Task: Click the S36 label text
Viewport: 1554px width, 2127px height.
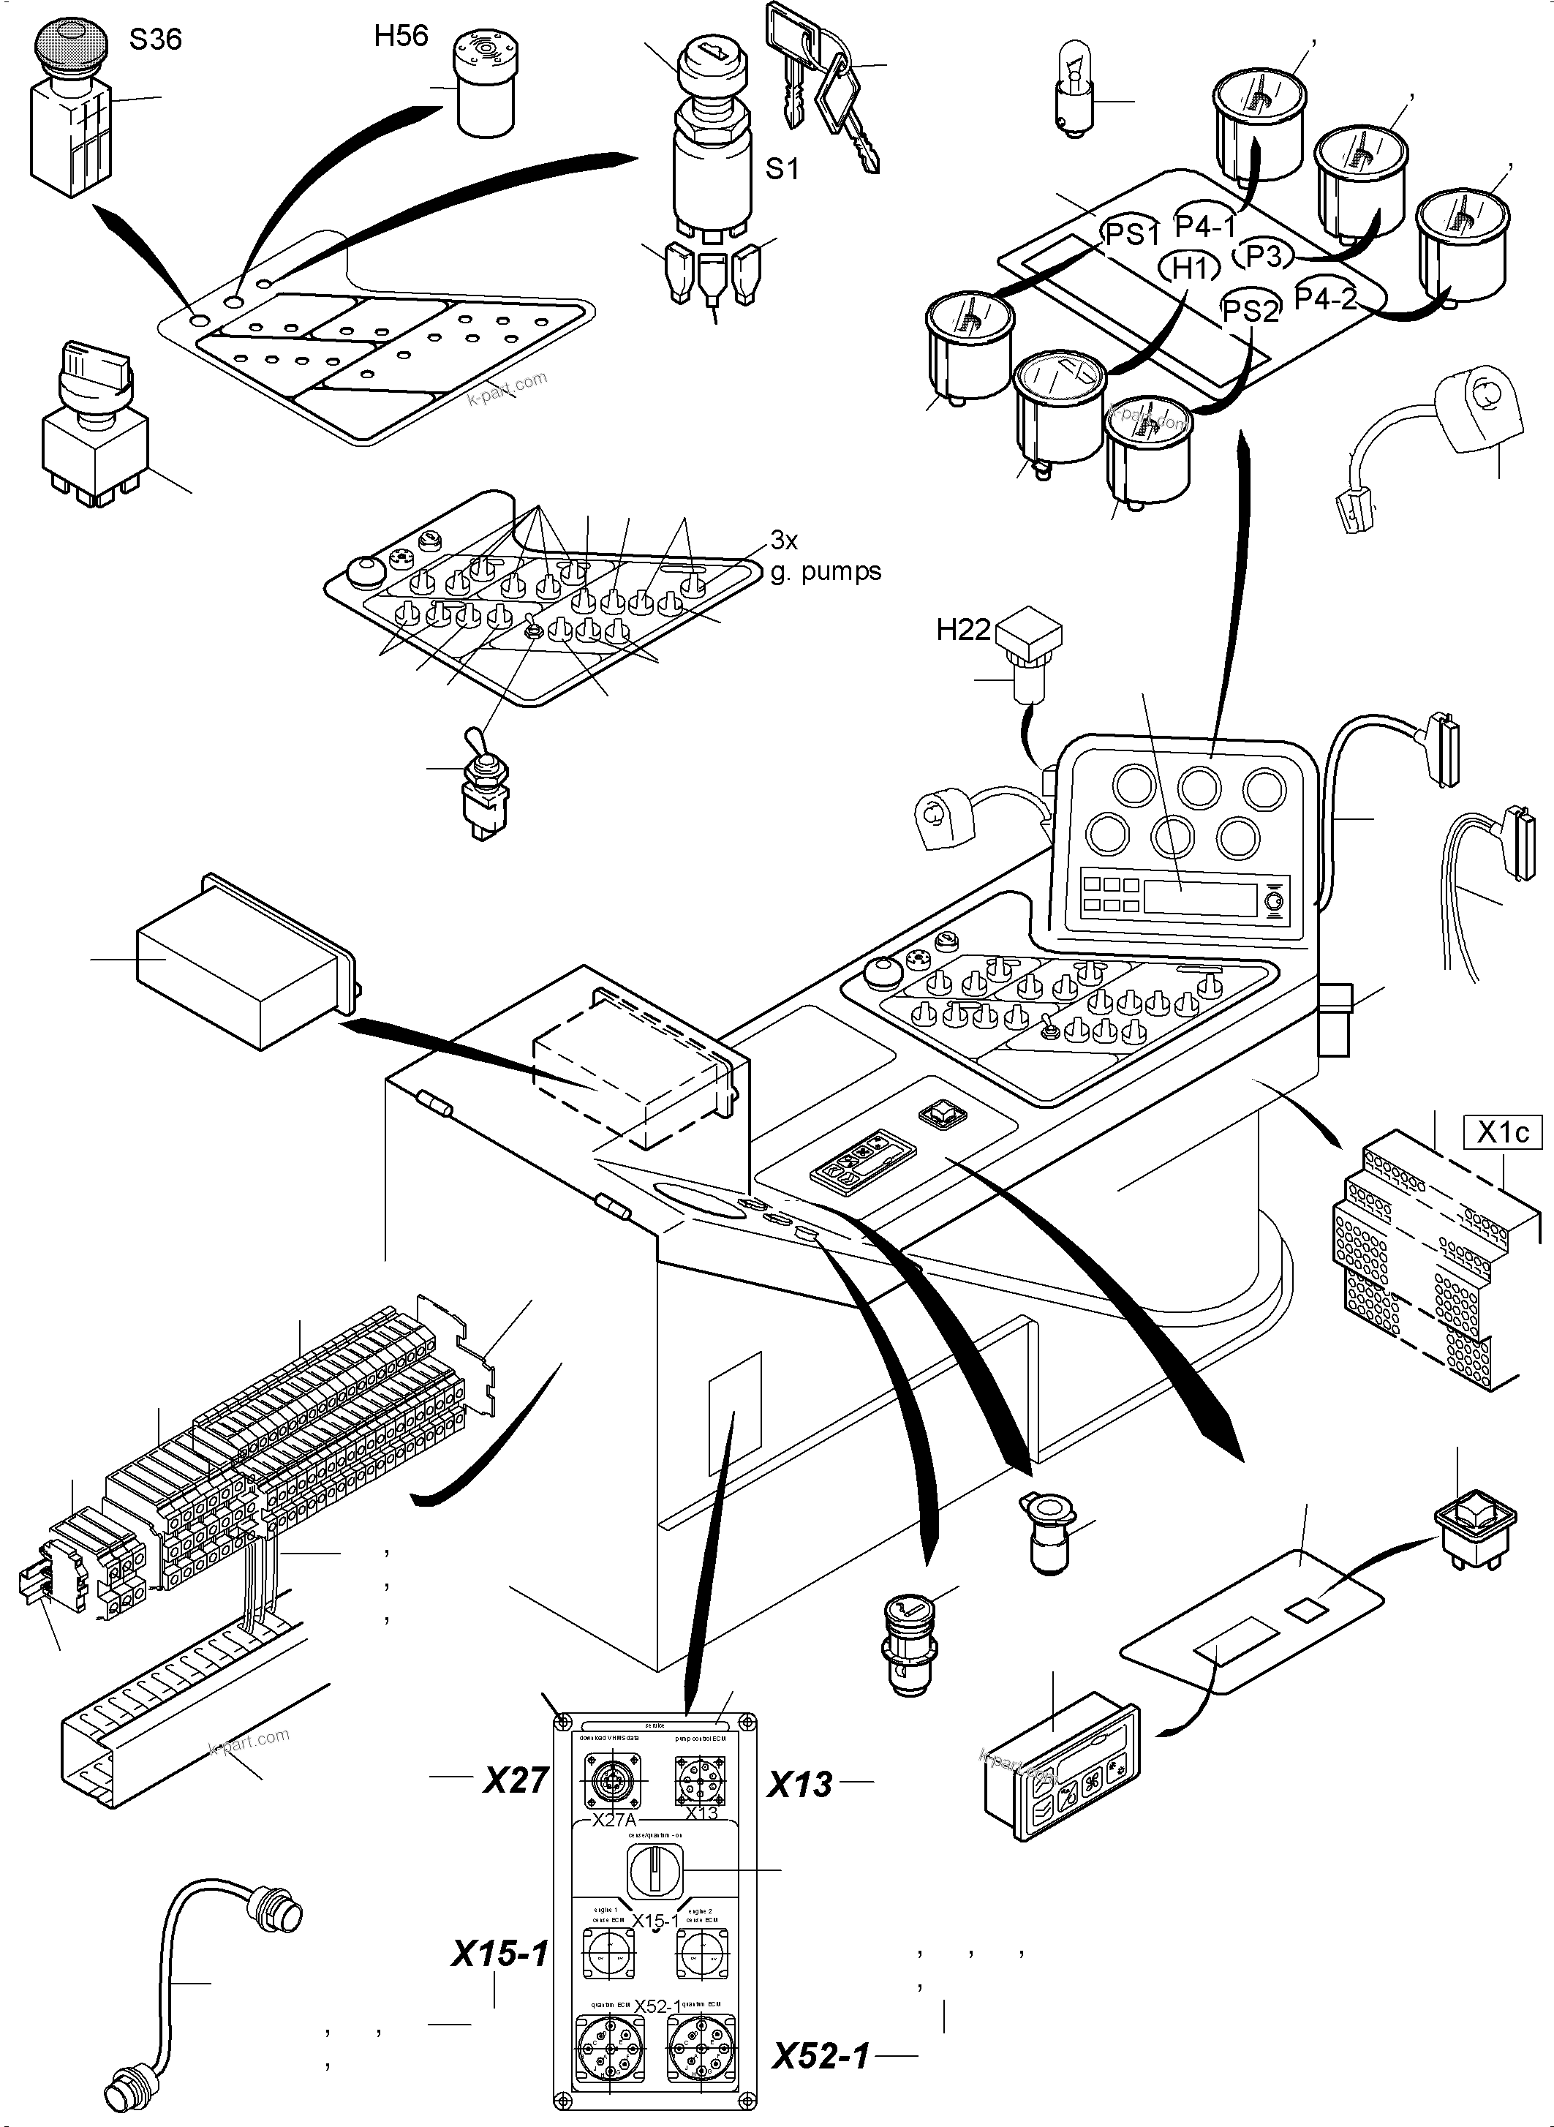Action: coord(155,40)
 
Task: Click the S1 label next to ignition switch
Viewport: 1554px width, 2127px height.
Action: coord(782,170)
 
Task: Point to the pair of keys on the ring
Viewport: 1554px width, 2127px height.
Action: coord(823,85)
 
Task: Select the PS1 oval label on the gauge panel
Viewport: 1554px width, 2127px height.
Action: coord(1133,233)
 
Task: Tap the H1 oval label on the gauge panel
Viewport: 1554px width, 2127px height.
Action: coord(1190,268)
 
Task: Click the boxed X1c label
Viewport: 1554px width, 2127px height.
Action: coord(1502,1133)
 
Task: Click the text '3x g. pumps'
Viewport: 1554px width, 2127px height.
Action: coord(825,556)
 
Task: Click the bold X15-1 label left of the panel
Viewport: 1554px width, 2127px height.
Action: coord(499,1955)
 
